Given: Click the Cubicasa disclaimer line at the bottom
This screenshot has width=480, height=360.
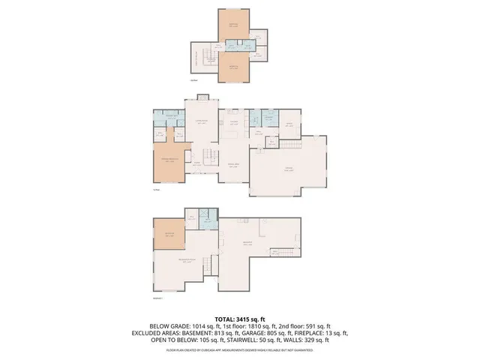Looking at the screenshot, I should [240, 349].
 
